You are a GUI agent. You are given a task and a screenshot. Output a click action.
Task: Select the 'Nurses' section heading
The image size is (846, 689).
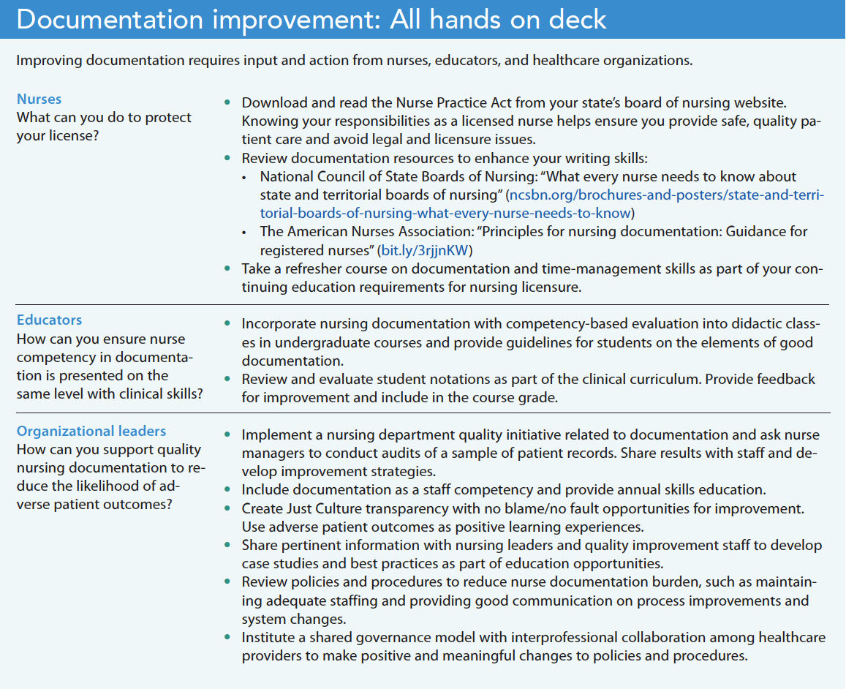point(39,99)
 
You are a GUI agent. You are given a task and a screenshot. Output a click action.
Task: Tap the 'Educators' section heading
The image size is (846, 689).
point(50,320)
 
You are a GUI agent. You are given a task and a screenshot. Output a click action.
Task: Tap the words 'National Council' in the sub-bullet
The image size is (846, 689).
point(308,177)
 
